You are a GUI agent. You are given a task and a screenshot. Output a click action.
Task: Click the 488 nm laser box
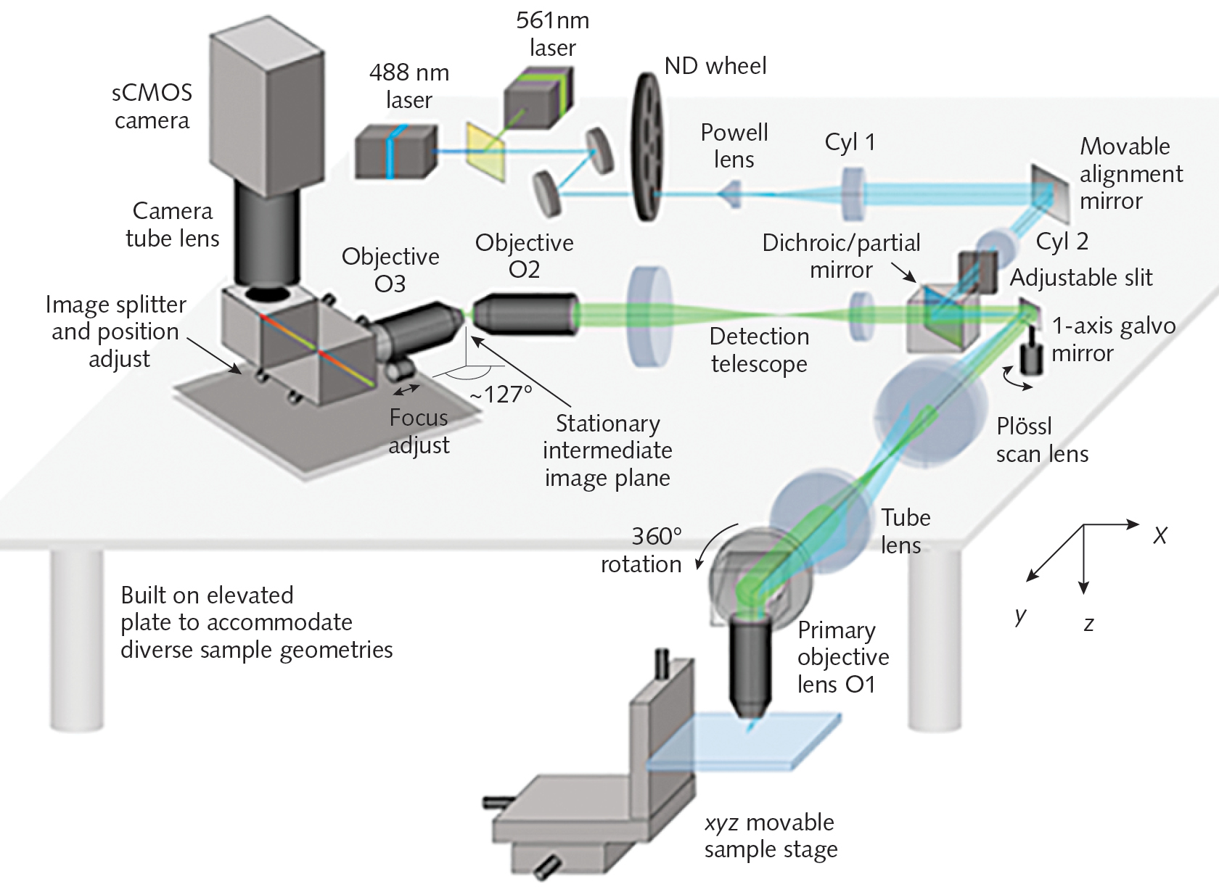point(396,152)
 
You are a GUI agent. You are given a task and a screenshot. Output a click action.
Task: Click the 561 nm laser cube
point(538,99)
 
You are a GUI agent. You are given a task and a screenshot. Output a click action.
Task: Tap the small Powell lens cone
point(731,194)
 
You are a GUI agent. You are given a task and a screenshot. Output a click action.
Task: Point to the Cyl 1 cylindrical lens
point(853,194)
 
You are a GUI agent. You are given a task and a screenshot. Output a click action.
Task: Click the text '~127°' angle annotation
point(501,395)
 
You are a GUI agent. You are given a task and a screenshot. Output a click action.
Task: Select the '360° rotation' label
point(641,550)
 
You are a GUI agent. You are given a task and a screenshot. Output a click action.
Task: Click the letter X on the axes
point(1160,536)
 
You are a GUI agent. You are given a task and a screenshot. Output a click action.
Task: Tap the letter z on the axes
point(1088,624)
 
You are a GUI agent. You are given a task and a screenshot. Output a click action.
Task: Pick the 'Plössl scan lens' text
point(1041,440)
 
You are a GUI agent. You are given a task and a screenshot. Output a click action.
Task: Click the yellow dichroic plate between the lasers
point(485,152)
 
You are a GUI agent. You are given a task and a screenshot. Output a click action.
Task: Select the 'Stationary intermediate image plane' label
point(607,450)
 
